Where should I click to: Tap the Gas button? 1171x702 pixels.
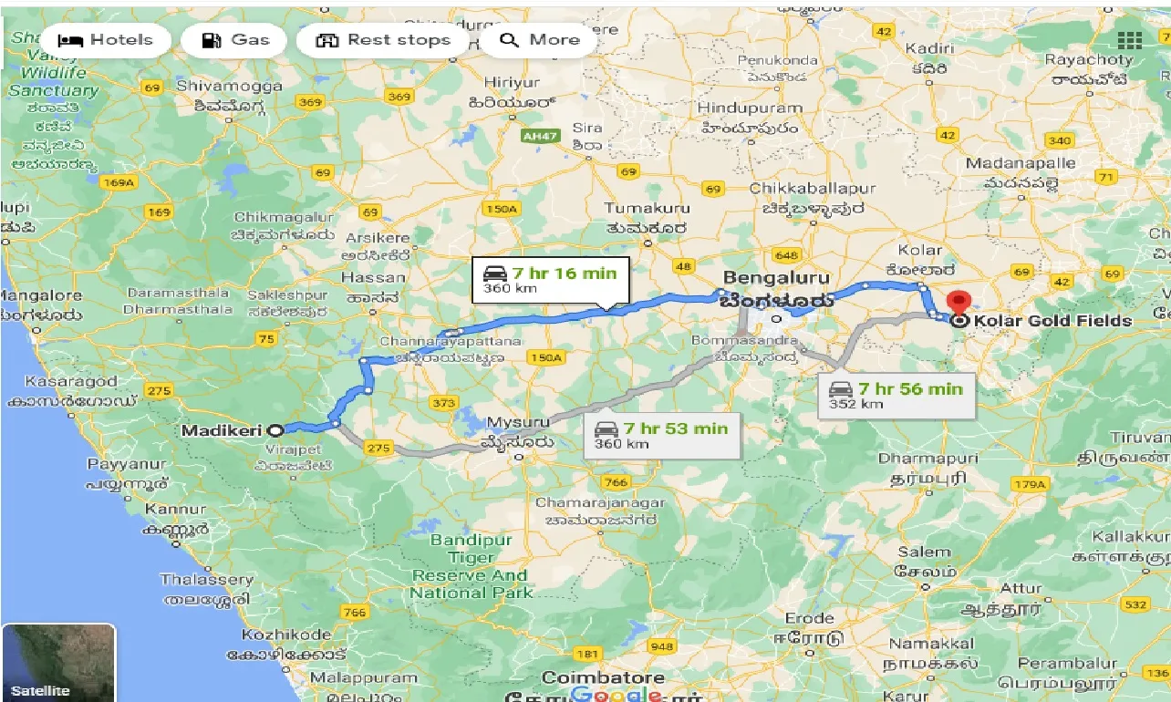tap(235, 40)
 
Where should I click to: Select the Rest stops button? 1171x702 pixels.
tap(383, 40)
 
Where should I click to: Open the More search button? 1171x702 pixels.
tap(540, 40)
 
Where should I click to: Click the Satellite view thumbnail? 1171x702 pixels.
tap(58, 663)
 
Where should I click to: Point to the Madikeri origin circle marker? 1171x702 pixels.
tap(275, 429)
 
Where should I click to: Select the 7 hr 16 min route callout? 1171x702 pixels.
tap(550, 280)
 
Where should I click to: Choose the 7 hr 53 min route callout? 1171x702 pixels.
tap(662, 435)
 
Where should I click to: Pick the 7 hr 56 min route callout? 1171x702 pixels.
tap(896, 396)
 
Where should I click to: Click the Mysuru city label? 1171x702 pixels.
tap(519, 423)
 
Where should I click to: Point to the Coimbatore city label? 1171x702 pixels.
tap(603, 678)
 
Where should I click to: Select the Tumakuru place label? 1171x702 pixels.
tap(648, 209)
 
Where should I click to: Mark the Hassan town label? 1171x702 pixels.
tap(372, 277)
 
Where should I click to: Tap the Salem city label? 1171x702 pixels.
tap(925, 552)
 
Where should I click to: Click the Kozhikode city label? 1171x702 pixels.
tap(286, 635)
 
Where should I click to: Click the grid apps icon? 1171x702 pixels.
tap(1129, 40)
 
